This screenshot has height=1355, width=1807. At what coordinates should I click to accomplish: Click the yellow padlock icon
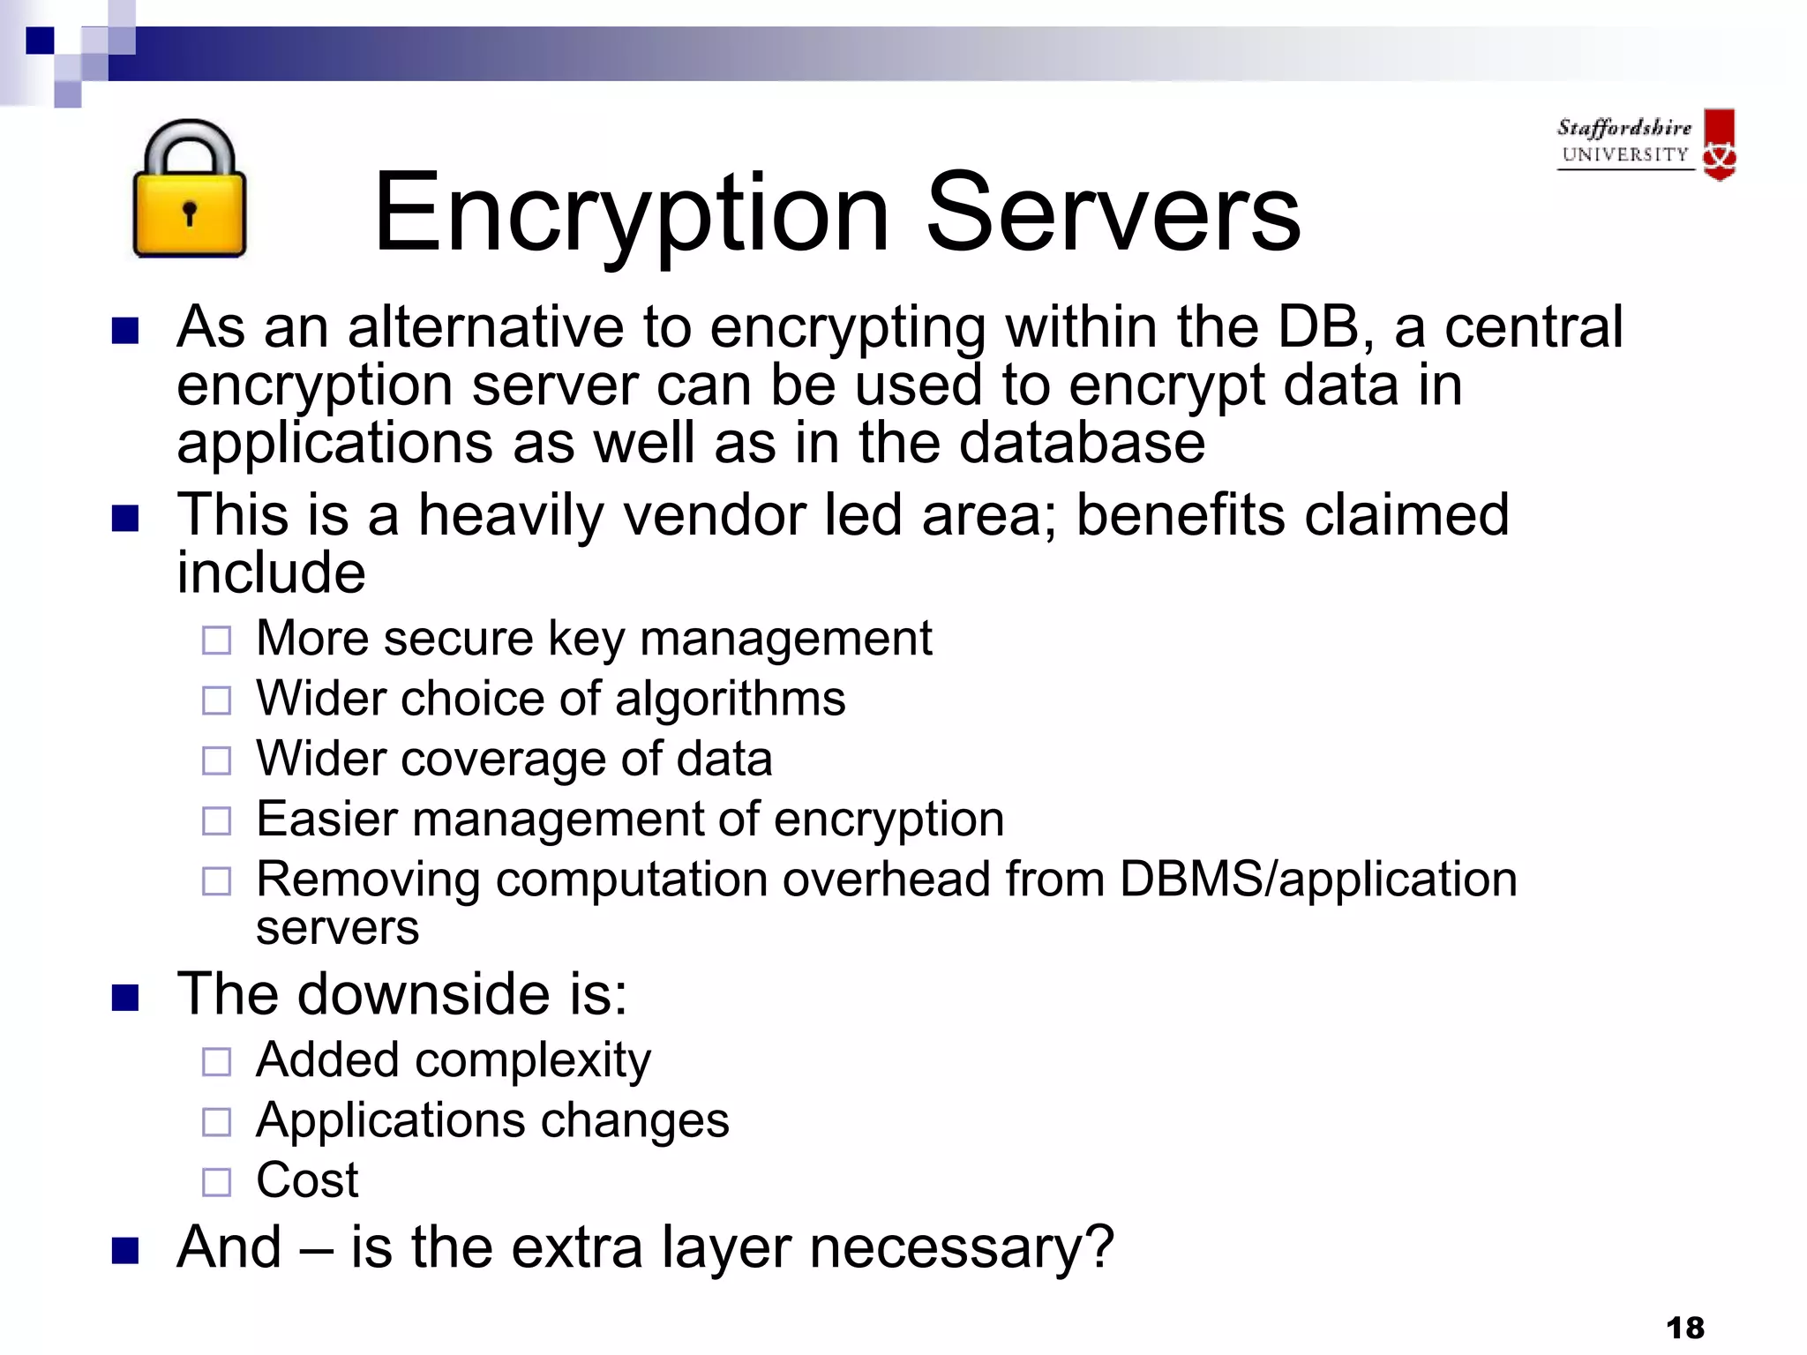coord(189,190)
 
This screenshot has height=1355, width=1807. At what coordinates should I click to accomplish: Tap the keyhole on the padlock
coord(189,213)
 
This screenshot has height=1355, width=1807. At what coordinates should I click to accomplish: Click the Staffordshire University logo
coord(1646,144)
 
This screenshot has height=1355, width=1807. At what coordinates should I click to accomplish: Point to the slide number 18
coord(1684,1327)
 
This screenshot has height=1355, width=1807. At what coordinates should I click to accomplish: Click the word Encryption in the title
coord(631,214)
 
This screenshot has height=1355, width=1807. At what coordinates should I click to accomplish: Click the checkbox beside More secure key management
coord(216,640)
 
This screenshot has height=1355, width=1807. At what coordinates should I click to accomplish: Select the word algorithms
coord(730,699)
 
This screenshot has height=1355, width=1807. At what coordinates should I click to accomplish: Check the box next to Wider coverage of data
coord(216,760)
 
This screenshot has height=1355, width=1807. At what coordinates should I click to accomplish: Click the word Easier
coord(326,819)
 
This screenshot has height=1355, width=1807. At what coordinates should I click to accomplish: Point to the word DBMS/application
coord(1318,880)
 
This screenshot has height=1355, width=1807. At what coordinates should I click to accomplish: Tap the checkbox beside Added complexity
coord(216,1062)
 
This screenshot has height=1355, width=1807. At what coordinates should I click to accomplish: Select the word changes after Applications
coord(634,1120)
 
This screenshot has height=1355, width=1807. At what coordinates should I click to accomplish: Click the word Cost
coord(307,1179)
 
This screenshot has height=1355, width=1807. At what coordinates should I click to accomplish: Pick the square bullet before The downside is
coord(125,998)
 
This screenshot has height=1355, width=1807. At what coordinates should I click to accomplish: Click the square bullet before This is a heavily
coord(125,518)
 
